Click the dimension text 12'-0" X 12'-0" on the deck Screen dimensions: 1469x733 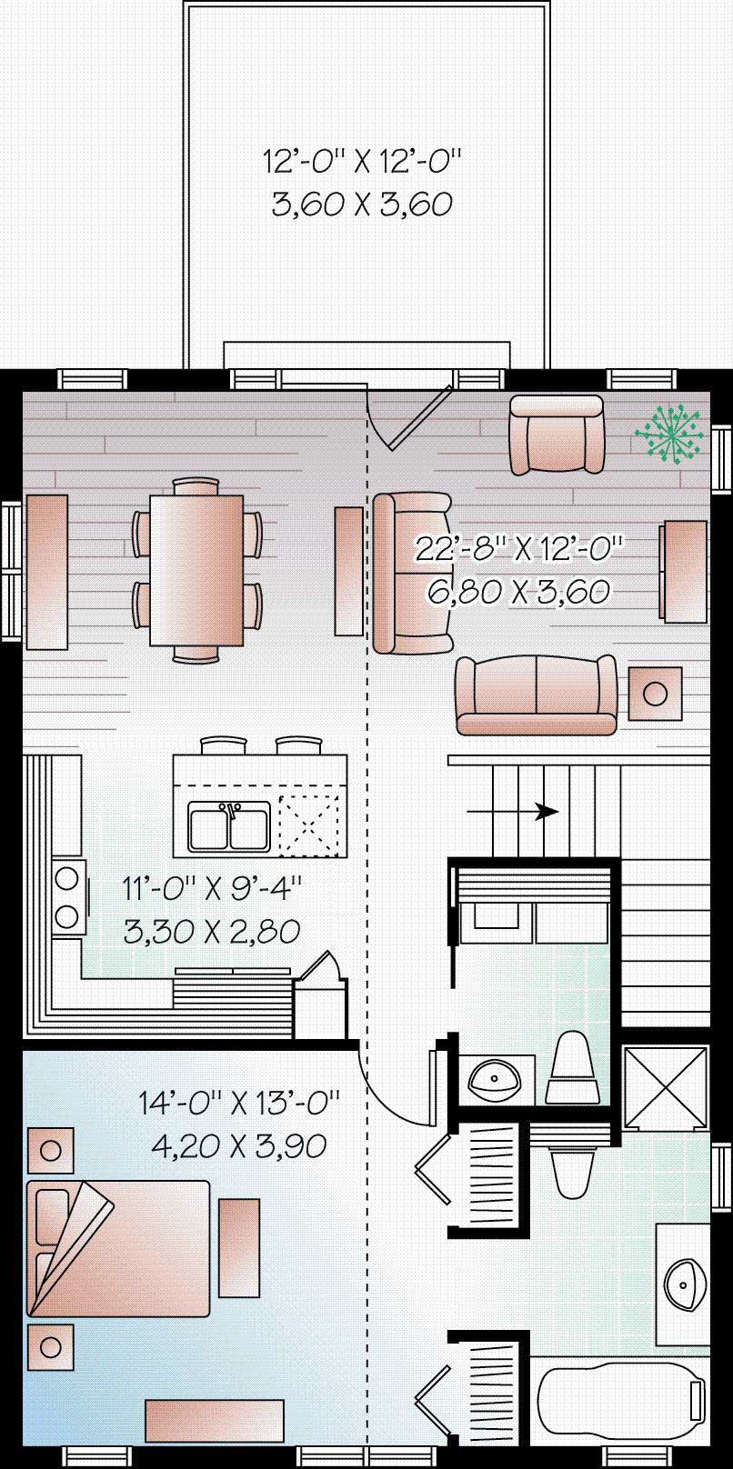[363, 163]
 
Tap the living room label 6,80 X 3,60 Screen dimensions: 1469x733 [517, 592]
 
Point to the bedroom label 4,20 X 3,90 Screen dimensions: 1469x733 [238, 1145]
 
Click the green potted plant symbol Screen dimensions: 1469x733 [670, 435]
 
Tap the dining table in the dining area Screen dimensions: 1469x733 [196, 569]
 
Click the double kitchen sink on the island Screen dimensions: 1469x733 [229, 826]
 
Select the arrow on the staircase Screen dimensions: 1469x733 [546, 810]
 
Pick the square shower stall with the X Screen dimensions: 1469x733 [666, 1088]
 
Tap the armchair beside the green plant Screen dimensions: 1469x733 [557, 435]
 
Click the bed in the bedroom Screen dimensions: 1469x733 [119, 1247]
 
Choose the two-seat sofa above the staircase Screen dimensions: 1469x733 [536, 695]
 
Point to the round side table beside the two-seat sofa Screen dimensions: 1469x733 [655, 694]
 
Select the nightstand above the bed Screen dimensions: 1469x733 [51, 1151]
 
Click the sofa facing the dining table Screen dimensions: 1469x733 [411, 573]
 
